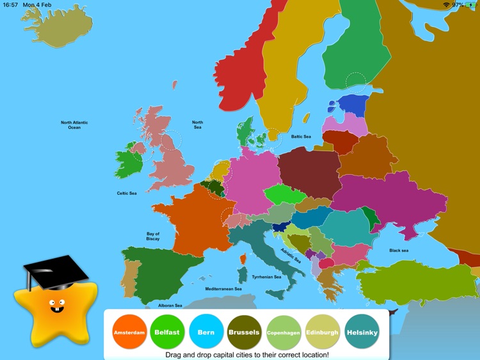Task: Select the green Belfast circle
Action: coord(167,332)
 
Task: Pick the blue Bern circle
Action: coord(205,332)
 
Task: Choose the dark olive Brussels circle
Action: coord(244,332)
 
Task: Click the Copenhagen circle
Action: coord(284,332)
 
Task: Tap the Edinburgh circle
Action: coord(323,332)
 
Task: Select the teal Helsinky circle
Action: coord(362,332)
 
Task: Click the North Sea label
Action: coord(198,124)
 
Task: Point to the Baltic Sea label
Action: coord(301,136)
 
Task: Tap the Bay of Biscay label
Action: coord(153,236)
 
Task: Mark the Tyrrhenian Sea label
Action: coord(266,277)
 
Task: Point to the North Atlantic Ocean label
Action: coord(74,125)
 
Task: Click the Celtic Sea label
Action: coord(127,193)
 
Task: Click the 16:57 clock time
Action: coord(11,4)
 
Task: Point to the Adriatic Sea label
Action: coord(291,255)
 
